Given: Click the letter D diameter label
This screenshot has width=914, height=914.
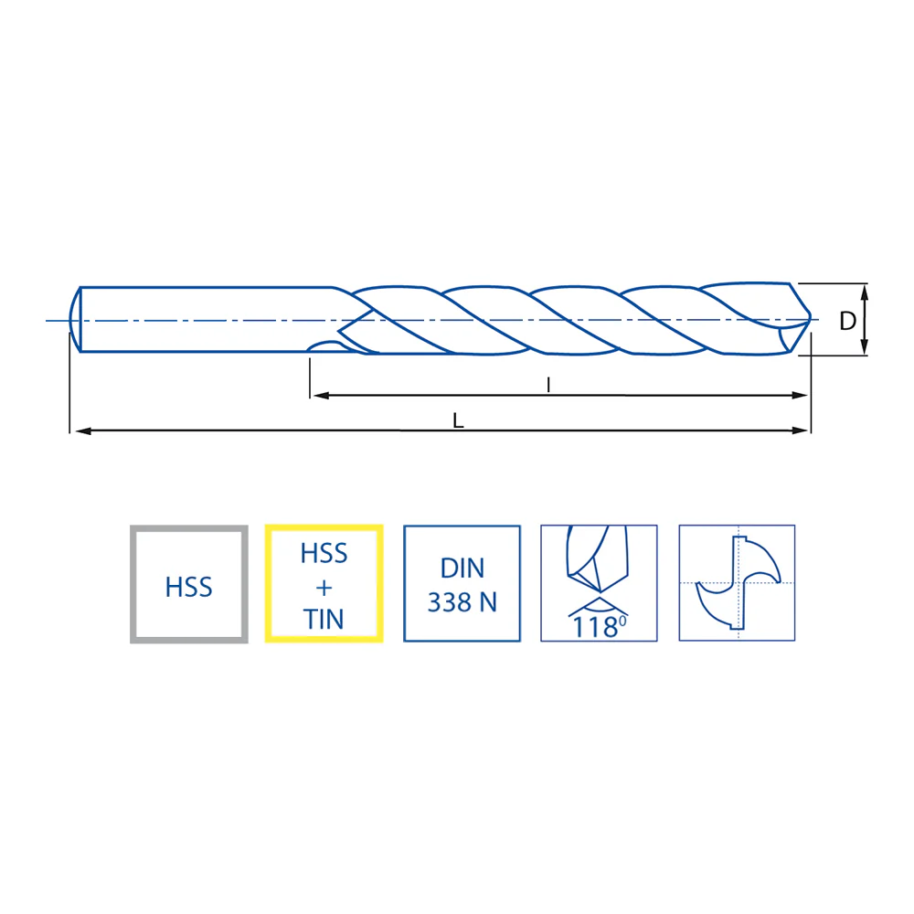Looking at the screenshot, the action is click(847, 321).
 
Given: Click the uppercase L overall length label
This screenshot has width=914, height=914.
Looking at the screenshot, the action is click(458, 420).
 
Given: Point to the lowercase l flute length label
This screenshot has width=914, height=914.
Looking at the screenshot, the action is click(547, 385).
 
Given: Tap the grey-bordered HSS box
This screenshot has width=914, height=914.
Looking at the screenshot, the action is click(189, 584).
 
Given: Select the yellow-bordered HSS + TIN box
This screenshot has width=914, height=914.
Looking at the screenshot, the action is click(324, 583).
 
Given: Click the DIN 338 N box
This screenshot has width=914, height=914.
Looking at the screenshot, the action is click(462, 583).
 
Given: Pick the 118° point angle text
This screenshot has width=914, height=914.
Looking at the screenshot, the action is click(600, 627).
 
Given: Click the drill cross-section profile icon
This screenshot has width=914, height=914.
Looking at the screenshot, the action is click(738, 583).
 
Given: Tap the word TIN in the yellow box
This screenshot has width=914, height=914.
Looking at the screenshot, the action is click(324, 619).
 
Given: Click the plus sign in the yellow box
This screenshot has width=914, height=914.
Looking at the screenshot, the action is click(324, 588).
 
